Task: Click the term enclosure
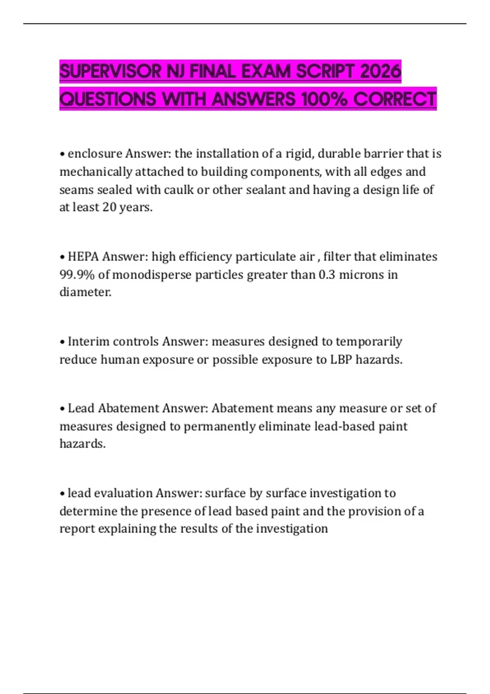click(x=95, y=154)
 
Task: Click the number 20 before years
click(x=109, y=207)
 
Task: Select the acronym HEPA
click(x=83, y=257)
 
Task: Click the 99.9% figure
click(x=77, y=275)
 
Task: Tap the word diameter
click(x=85, y=292)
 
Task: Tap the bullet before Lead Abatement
click(x=62, y=409)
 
